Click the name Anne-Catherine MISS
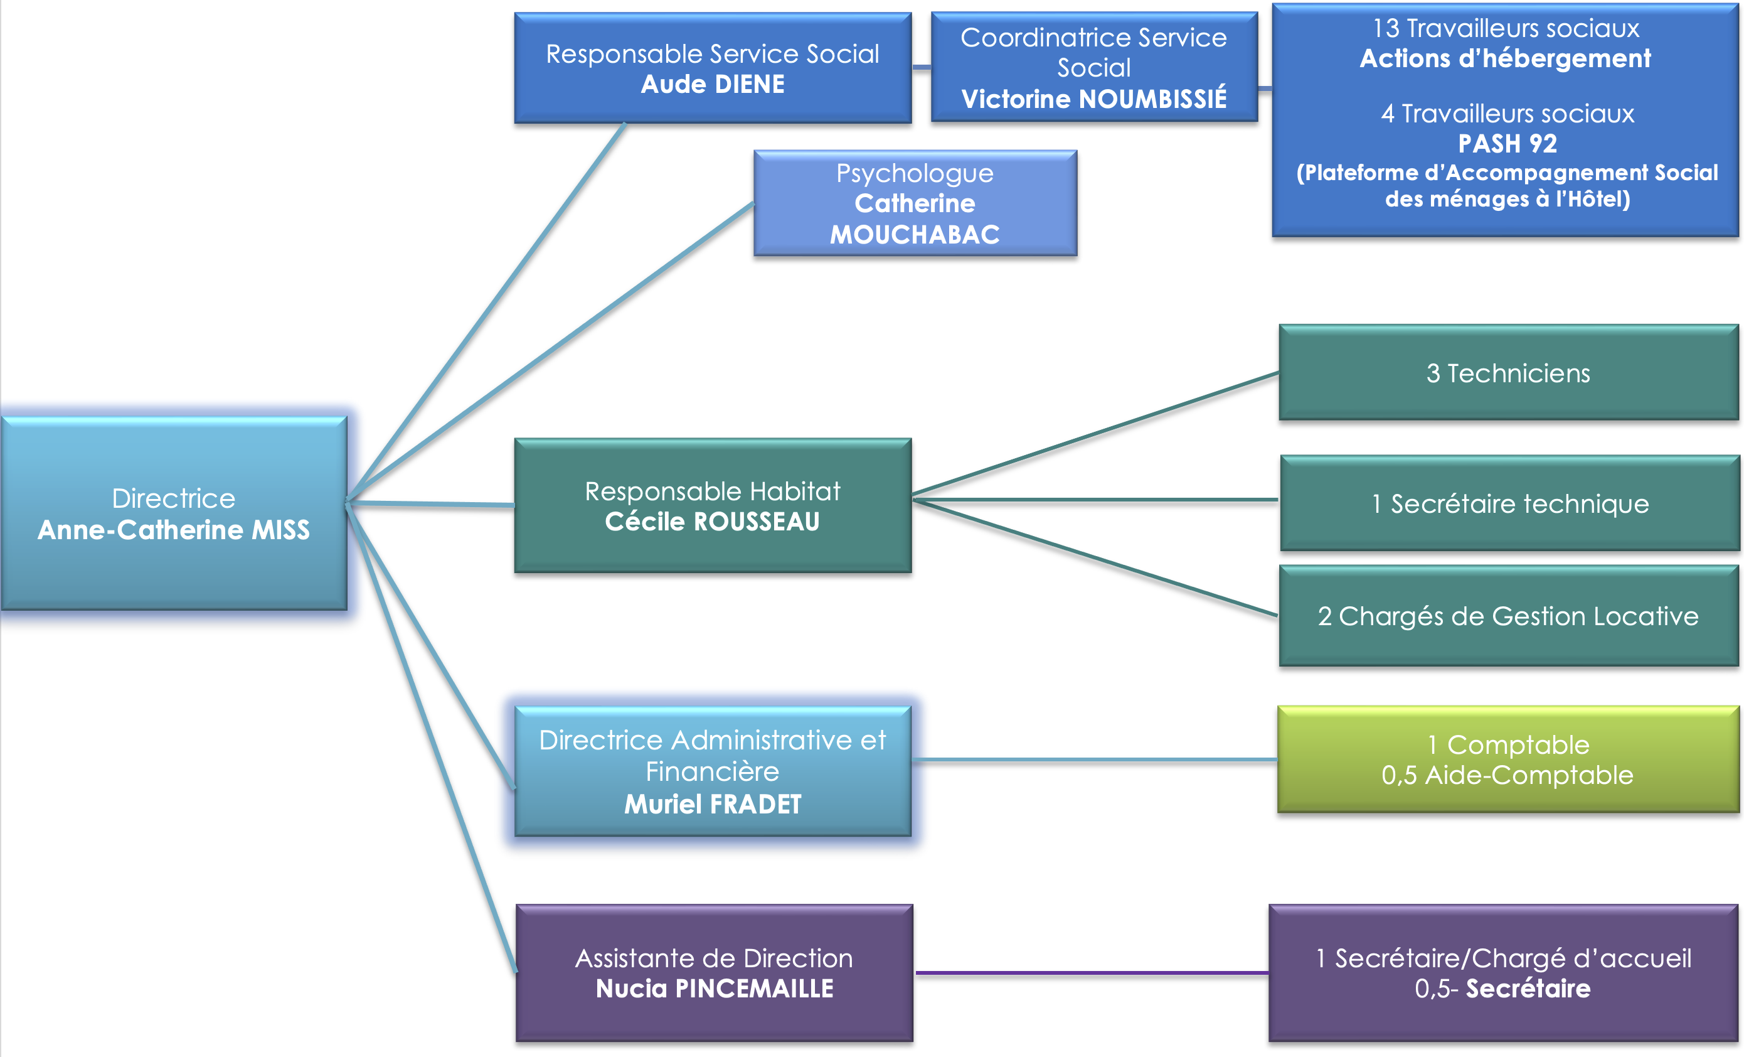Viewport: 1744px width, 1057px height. (173, 530)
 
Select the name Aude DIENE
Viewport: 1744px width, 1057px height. (713, 84)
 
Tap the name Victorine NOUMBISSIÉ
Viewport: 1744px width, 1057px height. (1093, 99)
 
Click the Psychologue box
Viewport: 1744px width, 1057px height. (915, 203)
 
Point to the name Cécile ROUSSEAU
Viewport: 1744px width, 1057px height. (712, 522)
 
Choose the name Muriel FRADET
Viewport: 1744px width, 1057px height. (713, 804)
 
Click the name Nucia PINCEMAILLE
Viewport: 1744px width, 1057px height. (714, 989)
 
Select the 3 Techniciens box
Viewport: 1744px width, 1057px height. (1508, 373)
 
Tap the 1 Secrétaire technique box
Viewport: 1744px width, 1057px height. (1510, 503)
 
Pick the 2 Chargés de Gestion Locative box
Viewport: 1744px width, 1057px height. (1508, 616)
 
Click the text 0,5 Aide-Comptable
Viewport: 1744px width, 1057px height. (1507, 775)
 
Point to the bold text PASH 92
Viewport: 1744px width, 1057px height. (1507, 144)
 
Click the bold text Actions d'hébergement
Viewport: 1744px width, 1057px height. (1506, 58)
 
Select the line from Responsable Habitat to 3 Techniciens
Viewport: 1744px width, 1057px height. (1096, 433)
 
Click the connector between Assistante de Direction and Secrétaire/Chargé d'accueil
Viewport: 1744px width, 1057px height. (1092, 973)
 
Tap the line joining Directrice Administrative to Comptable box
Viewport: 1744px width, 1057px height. (1094, 759)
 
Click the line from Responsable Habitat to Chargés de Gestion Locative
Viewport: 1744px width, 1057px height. (1096, 558)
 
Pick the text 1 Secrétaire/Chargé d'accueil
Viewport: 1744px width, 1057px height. (1503, 958)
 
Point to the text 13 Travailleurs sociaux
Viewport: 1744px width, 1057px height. (1506, 28)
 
